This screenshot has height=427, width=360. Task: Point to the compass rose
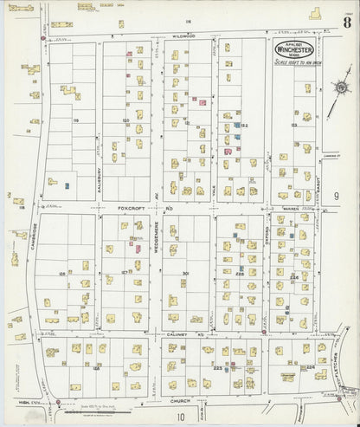pyautogui.click(x=340, y=87)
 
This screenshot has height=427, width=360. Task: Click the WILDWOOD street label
pyautogui.click(x=183, y=36)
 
